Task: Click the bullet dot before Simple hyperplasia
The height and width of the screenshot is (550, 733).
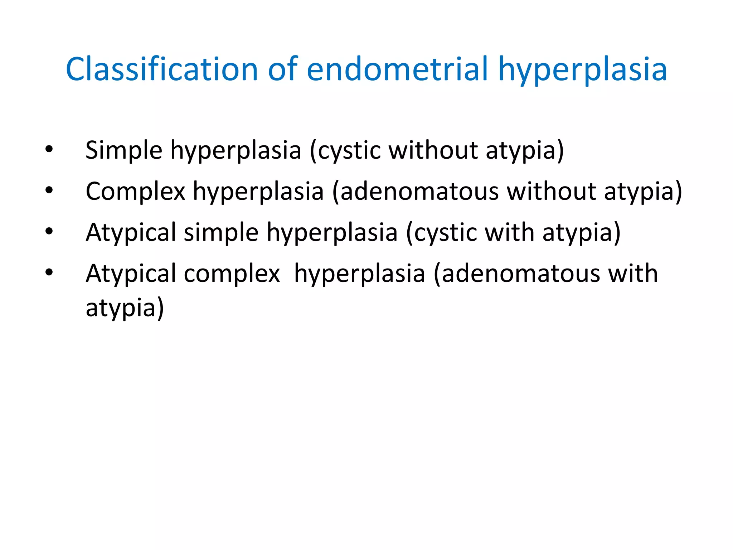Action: pyautogui.click(x=49, y=149)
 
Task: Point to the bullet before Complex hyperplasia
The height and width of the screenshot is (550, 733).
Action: pyautogui.click(x=49, y=190)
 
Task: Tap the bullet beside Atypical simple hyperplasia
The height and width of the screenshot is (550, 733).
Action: pyautogui.click(x=49, y=231)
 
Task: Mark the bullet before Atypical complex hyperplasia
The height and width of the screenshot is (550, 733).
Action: pyautogui.click(x=49, y=272)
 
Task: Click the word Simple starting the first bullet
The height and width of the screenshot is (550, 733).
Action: pyautogui.click(x=124, y=150)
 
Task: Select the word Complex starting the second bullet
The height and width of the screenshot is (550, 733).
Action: pyautogui.click(x=135, y=191)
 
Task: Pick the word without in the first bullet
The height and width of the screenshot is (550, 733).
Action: pyautogui.click(x=433, y=150)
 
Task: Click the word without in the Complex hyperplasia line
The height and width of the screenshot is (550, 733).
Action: pyautogui.click(x=551, y=191)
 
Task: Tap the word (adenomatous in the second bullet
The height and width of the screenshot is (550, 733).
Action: pyautogui.click(x=415, y=191)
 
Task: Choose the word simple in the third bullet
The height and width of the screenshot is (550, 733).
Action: pyautogui.click(x=221, y=232)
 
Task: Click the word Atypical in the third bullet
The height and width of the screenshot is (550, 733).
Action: pyautogui.click(x=131, y=232)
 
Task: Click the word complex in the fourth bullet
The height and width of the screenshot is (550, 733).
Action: pyautogui.click(x=232, y=274)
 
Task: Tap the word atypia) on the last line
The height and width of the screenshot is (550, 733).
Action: pyautogui.click(x=125, y=308)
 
